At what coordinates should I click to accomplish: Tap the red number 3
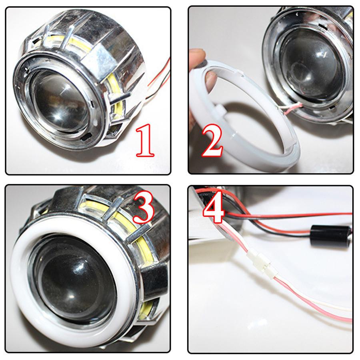click(143, 206)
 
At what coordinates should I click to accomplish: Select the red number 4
click(214, 210)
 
